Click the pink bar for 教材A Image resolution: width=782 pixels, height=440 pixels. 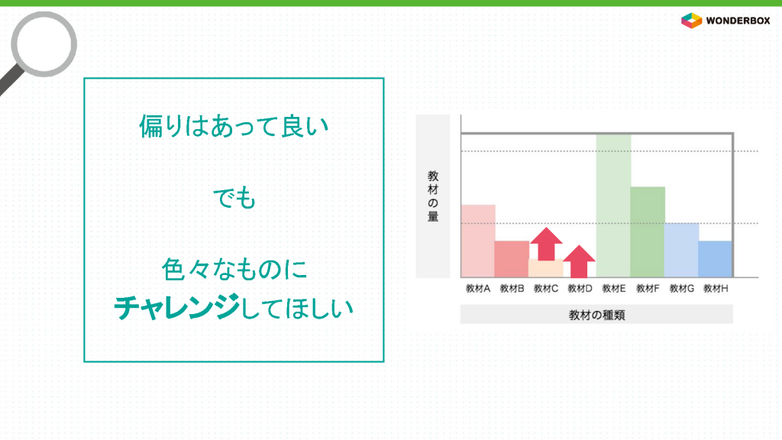tap(478, 241)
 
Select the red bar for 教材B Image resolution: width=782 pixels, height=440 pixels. tap(512, 259)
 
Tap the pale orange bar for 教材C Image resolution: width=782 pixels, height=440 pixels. tap(546, 268)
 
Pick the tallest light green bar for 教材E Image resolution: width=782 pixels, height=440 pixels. tap(613, 205)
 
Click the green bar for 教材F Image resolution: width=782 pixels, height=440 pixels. tap(648, 232)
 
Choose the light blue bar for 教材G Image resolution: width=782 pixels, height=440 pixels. tap(681, 250)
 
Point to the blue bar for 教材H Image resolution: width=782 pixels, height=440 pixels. tap(715, 259)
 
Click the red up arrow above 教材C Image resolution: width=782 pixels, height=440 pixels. tap(546, 244)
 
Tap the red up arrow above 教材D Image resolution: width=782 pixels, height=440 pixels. tap(579, 261)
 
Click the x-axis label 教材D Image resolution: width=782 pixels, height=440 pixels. tap(580, 288)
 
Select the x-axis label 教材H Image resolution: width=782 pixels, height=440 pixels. tap(716, 288)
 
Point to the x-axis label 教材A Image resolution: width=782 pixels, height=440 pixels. tap(478, 288)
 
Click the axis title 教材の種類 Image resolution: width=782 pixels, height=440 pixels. tap(596, 315)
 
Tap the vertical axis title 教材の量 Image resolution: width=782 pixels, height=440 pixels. tap(433, 196)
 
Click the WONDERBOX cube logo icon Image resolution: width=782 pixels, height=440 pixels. tap(691, 21)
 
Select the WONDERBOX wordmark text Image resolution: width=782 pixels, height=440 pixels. tap(738, 21)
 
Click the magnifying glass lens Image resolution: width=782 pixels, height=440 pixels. tap(44, 44)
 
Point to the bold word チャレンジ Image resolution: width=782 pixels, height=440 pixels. tap(177, 307)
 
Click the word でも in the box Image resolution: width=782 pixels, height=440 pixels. tap(234, 198)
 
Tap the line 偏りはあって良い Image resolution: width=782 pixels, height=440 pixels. tap(234, 126)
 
